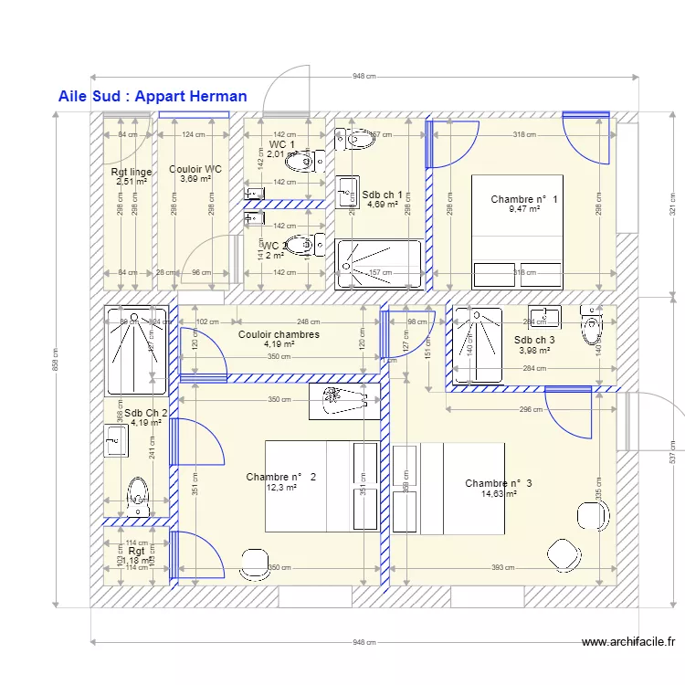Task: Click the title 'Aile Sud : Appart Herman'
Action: tap(152, 96)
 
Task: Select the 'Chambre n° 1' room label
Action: tap(523, 199)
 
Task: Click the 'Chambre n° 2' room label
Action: tap(280, 477)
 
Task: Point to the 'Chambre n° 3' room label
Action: tap(498, 483)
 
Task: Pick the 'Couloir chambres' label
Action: tap(279, 334)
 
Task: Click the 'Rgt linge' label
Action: tap(132, 172)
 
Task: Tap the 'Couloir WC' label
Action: tap(195, 169)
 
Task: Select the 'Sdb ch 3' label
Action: tap(534, 339)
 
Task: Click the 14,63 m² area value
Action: tap(498, 494)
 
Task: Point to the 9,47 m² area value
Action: tap(523, 209)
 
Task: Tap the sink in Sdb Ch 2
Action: tap(114, 440)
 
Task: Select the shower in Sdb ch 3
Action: tap(478, 345)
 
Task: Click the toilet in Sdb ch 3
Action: tap(593, 323)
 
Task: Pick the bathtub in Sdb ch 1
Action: tap(379, 264)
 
